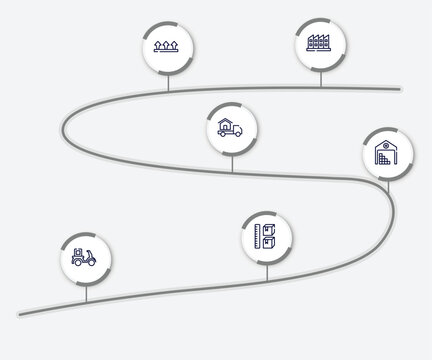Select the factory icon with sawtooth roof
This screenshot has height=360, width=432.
(x=320, y=45)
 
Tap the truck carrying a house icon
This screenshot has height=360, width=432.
(x=232, y=131)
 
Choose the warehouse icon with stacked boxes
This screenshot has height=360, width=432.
(x=387, y=155)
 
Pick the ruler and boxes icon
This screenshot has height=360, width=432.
(x=267, y=238)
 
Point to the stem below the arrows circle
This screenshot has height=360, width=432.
(x=168, y=81)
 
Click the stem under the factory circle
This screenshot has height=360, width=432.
(x=320, y=80)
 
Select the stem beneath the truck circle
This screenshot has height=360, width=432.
(x=232, y=164)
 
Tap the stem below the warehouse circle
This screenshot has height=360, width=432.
(x=387, y=187)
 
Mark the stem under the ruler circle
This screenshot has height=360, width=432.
(x=267, y=271)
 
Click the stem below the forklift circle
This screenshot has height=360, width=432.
(x=86, y=293)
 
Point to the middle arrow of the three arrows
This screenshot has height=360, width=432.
(x=168, y=45)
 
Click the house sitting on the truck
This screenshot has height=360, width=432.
(x=229, y=126)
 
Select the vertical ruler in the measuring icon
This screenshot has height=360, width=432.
(x=259, y=238)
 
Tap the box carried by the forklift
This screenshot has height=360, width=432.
(x=75, y=250)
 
